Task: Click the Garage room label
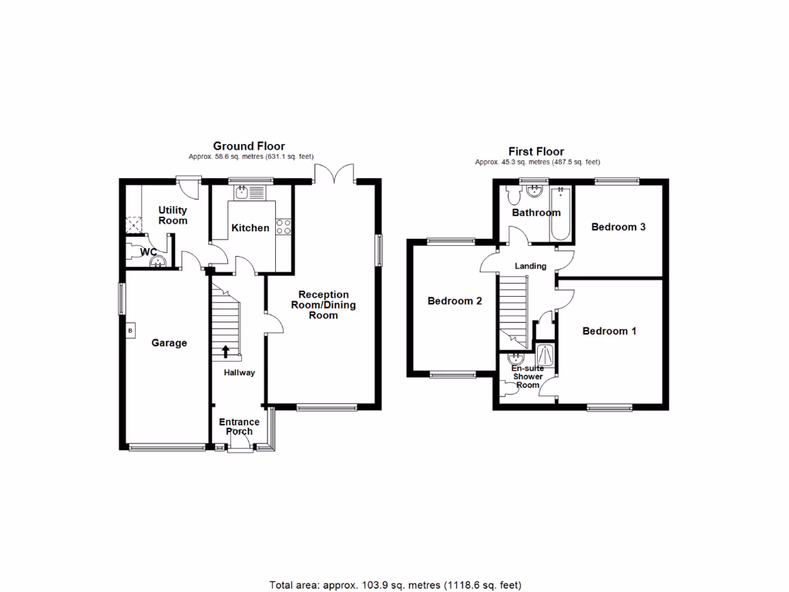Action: pos(169,343)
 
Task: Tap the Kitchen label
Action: pos(251,227)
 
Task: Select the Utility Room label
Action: pos(173,215)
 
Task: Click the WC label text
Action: pos(149,252)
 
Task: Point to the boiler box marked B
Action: pos(130,331)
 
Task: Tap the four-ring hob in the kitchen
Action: pos(283,227)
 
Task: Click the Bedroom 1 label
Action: pos(609,331)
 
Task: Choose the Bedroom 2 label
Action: pos(455,301)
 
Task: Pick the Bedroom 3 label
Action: pos(618,227)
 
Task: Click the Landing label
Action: pos(530,266)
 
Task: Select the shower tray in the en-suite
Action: pos(546,355)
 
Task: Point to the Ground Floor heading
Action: pos(249,146)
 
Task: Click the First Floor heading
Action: pos(536,152)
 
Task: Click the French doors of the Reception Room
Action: pos(334,173)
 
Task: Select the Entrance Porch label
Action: pos(239,426)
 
